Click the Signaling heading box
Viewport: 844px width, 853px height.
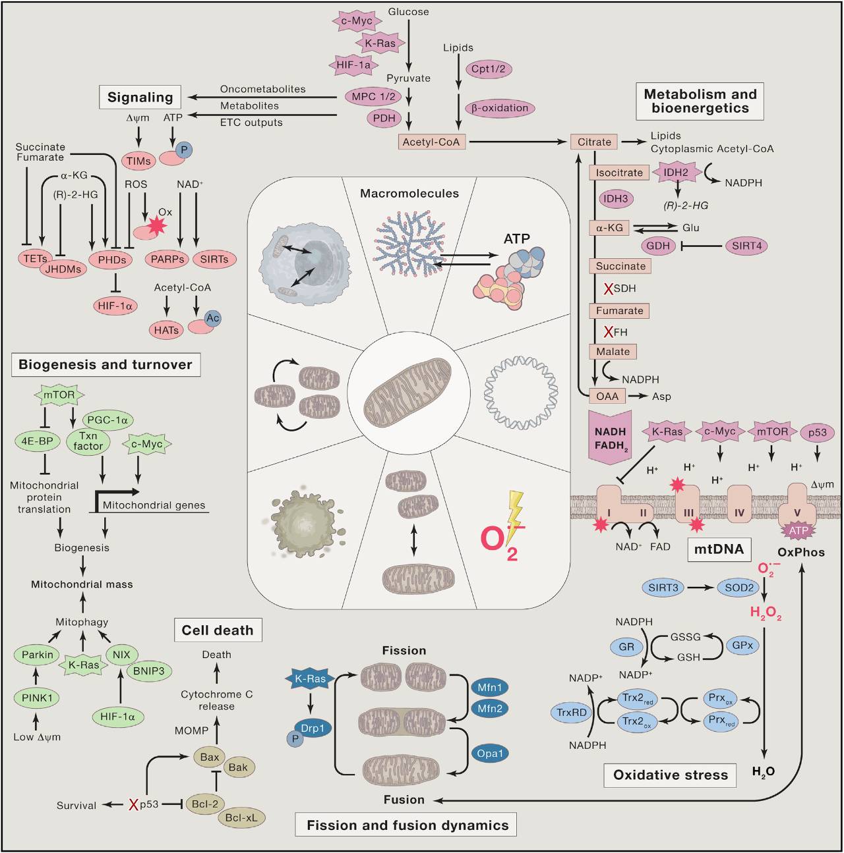[x=140, y=97]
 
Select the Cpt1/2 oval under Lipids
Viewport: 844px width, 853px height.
[x=489, y=69]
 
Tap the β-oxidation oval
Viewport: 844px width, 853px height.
[x=500, y=108]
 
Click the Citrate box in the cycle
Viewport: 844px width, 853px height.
[x=594, y=142]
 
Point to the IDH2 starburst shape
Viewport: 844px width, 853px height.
[x=676, y=173]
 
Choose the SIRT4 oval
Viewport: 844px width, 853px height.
[x=747, y=246]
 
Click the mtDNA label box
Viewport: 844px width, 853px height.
[x=719, y=549]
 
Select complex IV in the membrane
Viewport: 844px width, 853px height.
[x=739, y=505]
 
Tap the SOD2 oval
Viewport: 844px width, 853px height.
[x=739, y=588]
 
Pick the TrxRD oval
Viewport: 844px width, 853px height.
[x=572, y=713]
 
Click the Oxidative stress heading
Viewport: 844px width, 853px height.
[x=670, y=775]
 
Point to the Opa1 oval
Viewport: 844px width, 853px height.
[x=490, y=754]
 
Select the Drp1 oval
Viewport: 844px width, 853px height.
[x=313, y=729]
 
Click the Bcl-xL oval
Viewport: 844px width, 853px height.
[x=241, y=817]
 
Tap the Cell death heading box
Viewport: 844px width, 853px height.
[x=218, y=630]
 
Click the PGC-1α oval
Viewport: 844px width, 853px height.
[x=107, y=420]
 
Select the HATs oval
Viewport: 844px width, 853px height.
[x=166, y=330]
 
